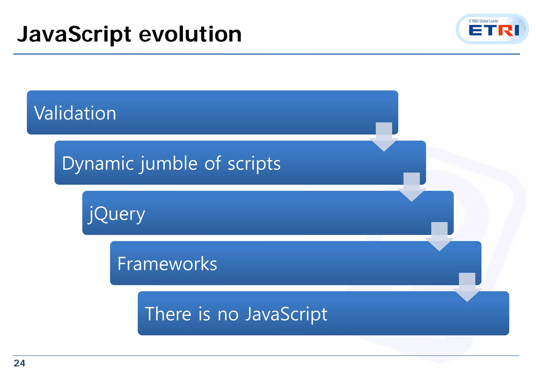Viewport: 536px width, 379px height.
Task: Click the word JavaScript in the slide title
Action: pos(74,35)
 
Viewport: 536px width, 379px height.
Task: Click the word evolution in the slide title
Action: pos(190,35)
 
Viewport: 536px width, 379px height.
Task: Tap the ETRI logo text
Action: pos(494,31)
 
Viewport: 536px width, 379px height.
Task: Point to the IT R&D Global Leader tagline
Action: pos(483,21)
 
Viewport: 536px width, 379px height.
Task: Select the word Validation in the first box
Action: pos(75,113)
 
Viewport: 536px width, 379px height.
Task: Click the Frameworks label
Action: pos(167,264)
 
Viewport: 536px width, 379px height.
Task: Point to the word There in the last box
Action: pos(168,314)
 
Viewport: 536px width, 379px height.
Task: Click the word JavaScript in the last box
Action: pos(286,314)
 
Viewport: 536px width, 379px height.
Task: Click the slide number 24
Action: pos(19,363)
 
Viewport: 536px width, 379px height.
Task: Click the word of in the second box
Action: pos(213,164)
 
